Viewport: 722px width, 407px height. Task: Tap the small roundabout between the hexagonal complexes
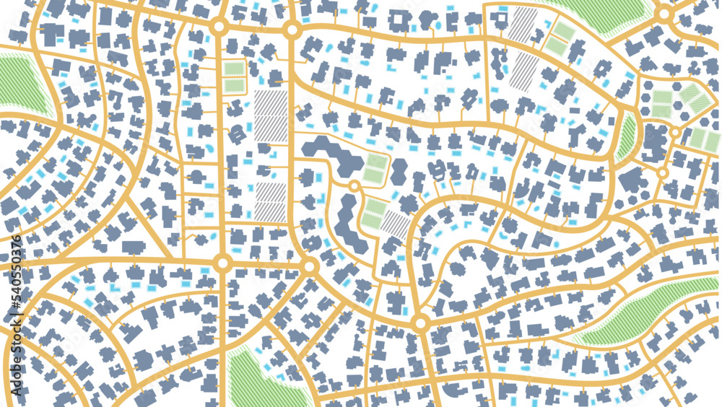coord(354,187)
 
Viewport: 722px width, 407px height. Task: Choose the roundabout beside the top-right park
coord(664,14)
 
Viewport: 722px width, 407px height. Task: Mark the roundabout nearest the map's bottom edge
coord(420,323)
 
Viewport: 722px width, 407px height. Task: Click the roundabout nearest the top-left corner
coord(220,27)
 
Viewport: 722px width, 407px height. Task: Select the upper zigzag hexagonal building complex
coord(332,152)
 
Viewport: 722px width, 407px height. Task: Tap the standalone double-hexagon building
coord(399,173)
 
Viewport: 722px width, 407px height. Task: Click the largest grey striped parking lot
coord(270,119)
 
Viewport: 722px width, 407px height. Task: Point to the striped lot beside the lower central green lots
coord(396,224)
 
